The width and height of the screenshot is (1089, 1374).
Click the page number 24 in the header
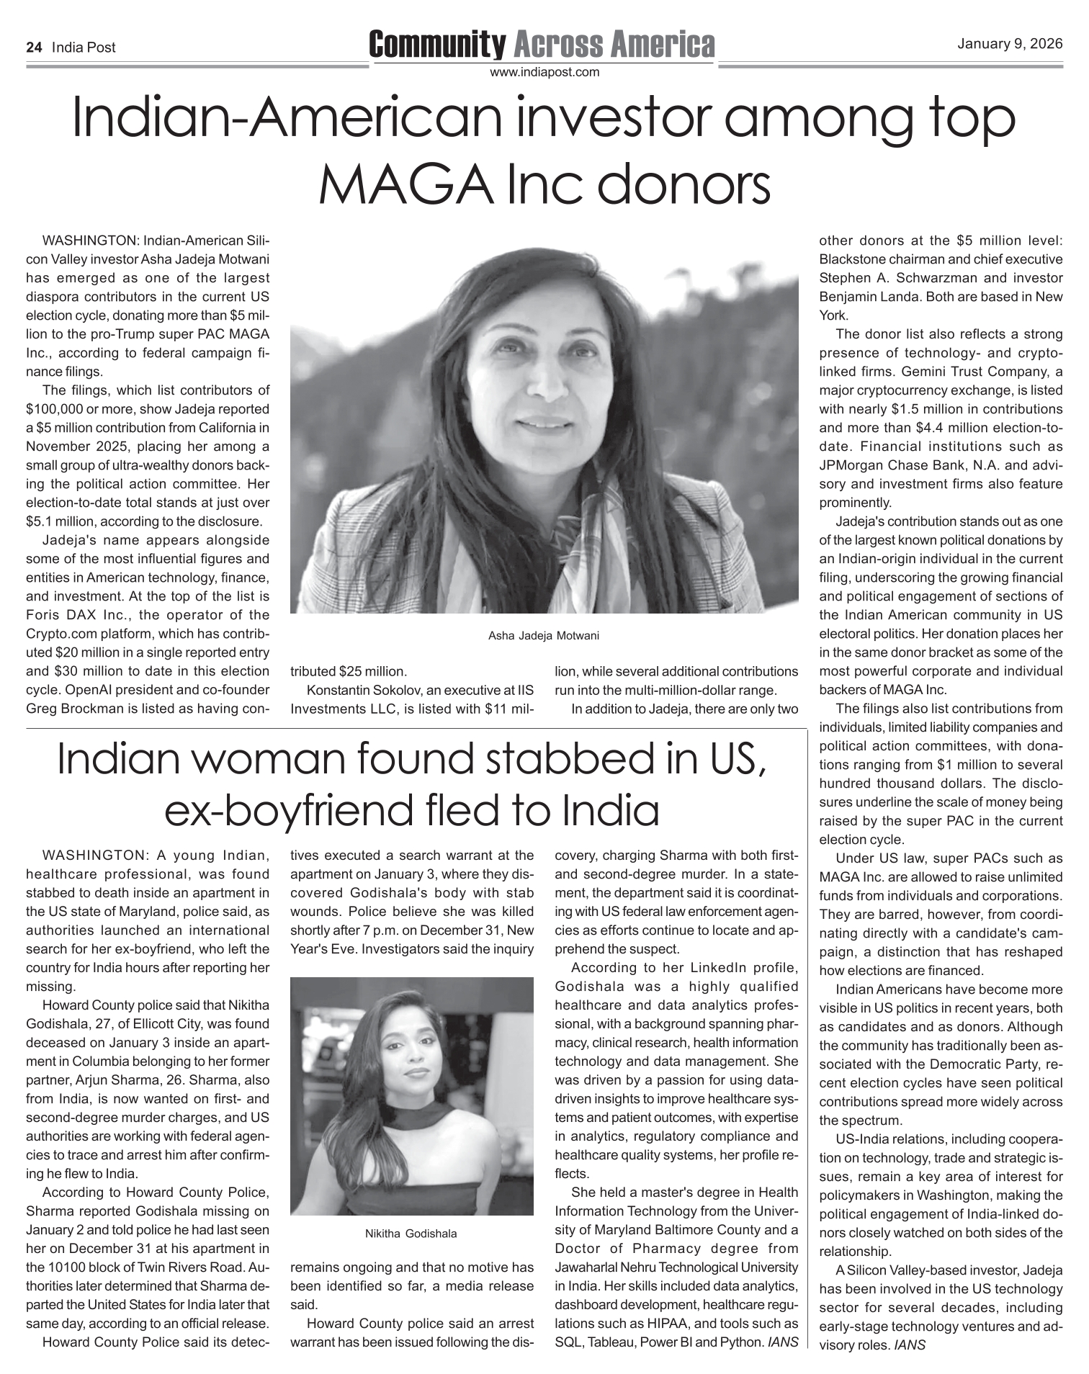tap(33, 48)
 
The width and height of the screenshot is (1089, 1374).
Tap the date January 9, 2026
tap(1009, 44)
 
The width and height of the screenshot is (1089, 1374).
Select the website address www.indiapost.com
tap(544, 72)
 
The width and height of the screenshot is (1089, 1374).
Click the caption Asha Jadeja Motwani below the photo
tap(544, 636)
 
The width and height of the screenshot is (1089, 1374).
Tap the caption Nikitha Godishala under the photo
tap(411, 1234)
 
